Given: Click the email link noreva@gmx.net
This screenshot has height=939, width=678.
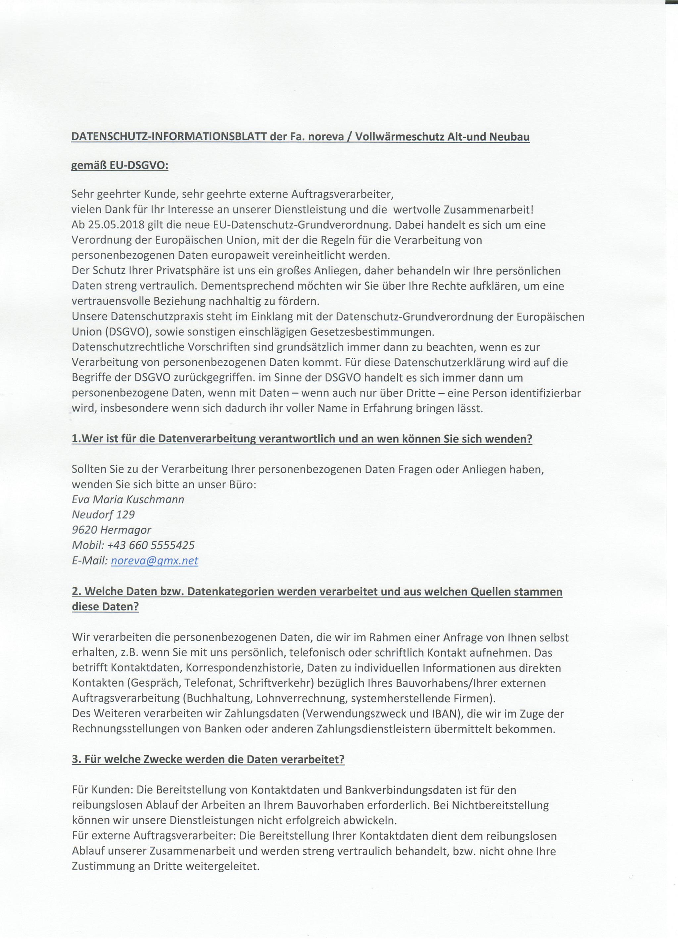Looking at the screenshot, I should [155, 560].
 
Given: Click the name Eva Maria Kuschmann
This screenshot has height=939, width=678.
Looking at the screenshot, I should [128, 500].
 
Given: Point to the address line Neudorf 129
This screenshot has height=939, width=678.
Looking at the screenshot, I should [103, 514].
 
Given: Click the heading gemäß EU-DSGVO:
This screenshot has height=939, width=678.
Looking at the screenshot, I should [120, 166].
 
